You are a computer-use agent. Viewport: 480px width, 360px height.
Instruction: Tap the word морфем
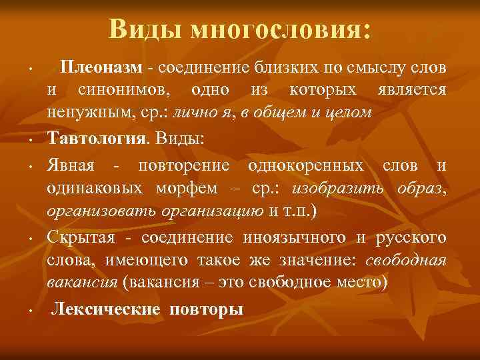tap(189, 189)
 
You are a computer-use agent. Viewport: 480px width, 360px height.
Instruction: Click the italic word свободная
tap(408, 259)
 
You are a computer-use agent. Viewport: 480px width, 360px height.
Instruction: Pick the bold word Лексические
tap(106, 309)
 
